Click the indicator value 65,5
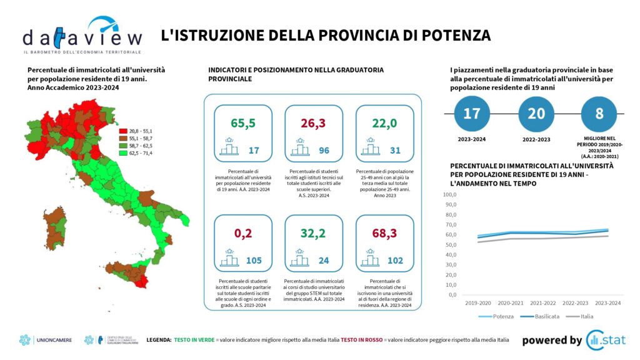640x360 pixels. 243,123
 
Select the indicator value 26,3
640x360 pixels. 314,123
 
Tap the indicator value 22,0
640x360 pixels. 384,123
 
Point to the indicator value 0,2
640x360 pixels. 243,233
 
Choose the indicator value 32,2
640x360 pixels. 314,233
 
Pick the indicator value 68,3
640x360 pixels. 384,233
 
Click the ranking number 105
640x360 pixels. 254,261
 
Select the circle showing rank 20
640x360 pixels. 536,114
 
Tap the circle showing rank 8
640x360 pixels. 599,114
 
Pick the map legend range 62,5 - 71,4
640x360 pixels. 140,153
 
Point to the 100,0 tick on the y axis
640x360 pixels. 450,194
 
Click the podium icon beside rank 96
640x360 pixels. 299,147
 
